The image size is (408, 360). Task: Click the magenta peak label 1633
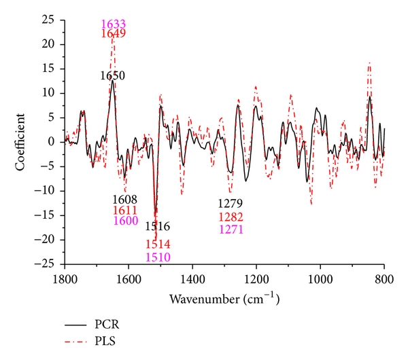(x=113, y=24)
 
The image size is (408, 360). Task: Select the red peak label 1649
(x=113, y=33)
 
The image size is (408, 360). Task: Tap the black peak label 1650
(x=112, y=76)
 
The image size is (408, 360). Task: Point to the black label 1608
(x=125, y=200)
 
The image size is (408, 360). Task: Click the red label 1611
(x=125, y=211)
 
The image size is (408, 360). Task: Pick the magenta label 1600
(x=125, y=221)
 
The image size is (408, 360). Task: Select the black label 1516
(x=157, y=227)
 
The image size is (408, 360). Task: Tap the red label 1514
(x=157, y=245)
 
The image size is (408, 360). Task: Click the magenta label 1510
(x=157, y=257)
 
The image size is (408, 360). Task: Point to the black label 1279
(x=230, y=204)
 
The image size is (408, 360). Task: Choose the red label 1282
(x=230, y=217)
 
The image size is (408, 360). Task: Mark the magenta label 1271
(x=230, y=230)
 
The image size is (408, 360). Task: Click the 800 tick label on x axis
(x=384, y=278)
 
